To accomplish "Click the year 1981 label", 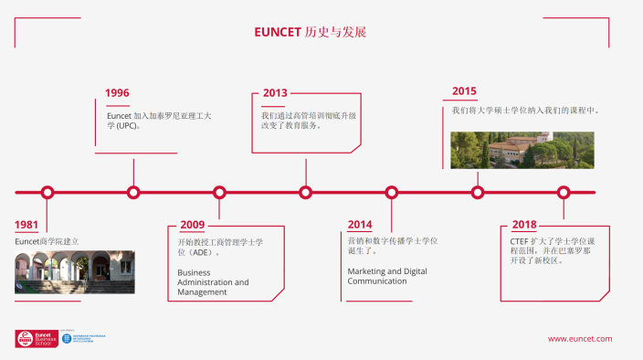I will [26, 225].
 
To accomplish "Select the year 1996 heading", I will [117, 93].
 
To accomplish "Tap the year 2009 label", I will [192, 225].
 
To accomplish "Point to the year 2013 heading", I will [275, 93].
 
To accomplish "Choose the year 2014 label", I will [360, 225].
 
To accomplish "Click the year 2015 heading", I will [464, 91].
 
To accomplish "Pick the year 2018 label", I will [524, 225].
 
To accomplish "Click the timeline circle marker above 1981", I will [47, 192].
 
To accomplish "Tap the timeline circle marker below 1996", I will [133, 192].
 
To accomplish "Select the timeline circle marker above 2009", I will [219, 192].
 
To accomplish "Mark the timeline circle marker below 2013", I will [305, 192].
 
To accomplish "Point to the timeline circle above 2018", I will [564, 192].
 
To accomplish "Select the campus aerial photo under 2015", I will [522, 150].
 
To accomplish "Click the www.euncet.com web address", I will [580, 339].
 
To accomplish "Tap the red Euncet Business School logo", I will [35, 338].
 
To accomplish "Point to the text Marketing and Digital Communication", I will [386, 276].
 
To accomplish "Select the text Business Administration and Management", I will [213, 282].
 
